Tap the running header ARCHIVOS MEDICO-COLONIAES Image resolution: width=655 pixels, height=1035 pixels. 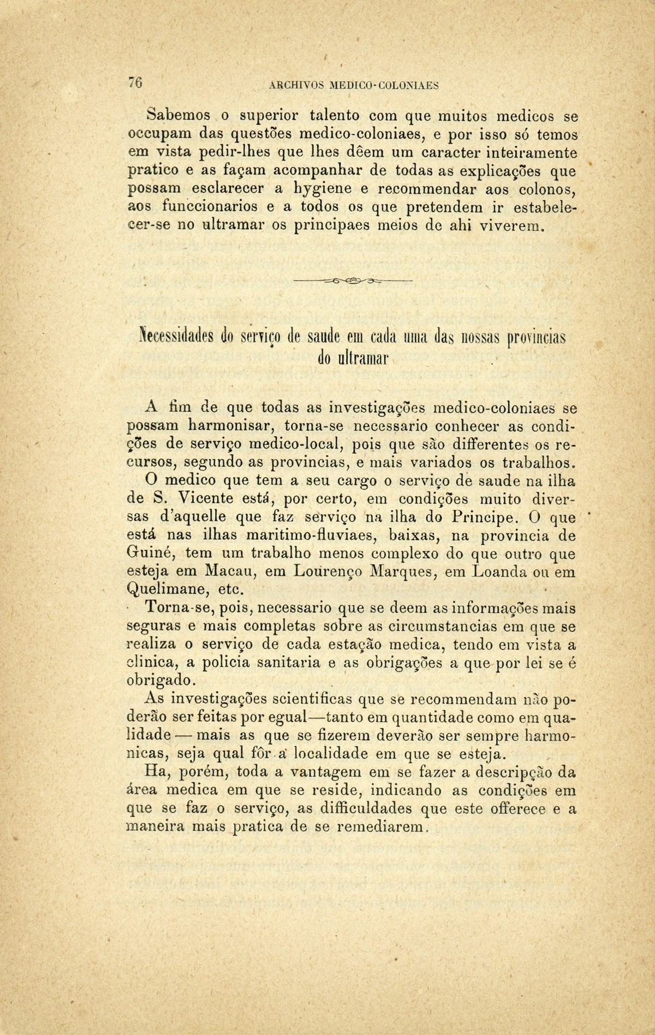354,85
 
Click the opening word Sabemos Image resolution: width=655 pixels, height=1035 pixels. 178,116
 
